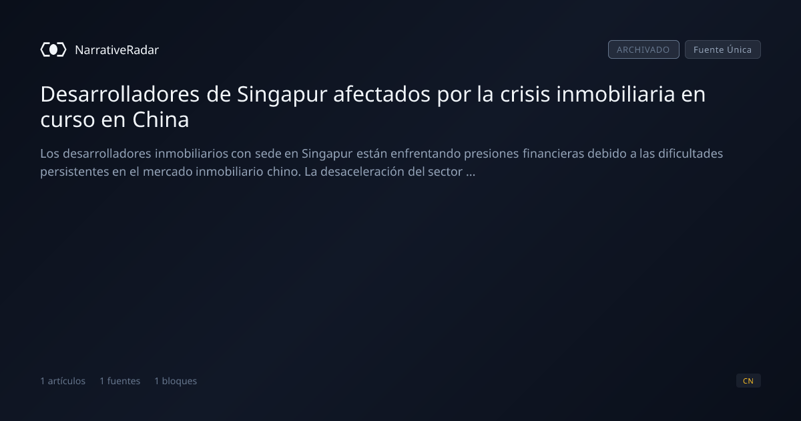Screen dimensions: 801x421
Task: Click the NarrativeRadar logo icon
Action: point(53,49)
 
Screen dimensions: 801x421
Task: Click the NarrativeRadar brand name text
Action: point(117,49)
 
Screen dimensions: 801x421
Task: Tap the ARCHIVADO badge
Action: point(643,49)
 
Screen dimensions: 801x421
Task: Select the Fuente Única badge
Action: point(723,49)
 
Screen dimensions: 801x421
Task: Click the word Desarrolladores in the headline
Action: point(119,94)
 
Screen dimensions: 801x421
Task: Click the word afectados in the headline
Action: point(382,94)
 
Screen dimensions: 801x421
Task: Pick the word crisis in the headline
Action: point(525,94)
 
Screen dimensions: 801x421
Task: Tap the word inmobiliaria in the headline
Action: point(615,94)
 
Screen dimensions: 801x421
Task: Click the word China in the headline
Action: point(161,120)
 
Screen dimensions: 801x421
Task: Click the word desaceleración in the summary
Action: point(362,172)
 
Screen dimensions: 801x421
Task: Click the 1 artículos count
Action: point(63,381)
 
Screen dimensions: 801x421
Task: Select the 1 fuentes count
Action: point(119,381)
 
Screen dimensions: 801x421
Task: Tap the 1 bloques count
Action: point(176,381)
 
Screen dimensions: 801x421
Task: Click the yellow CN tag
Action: point(748,380)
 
